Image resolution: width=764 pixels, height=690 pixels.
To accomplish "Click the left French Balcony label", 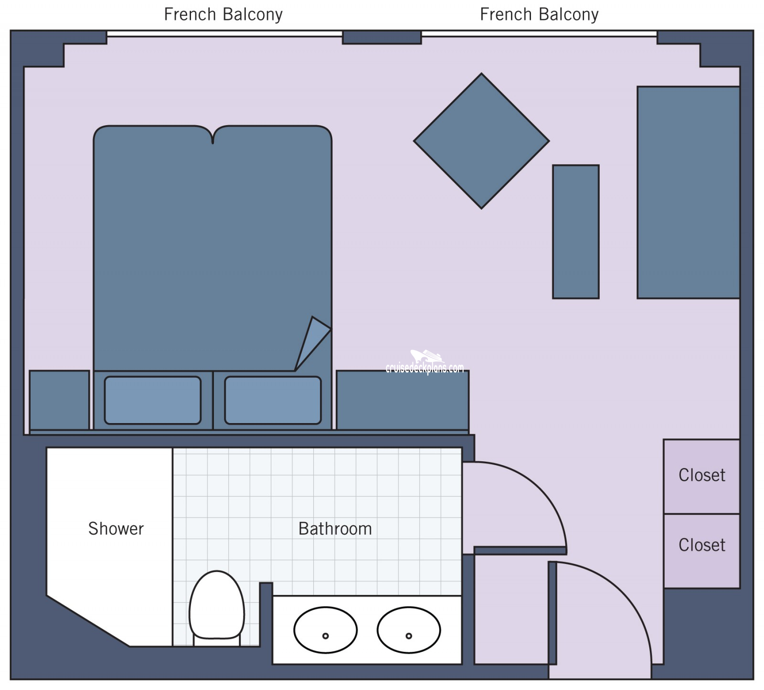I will click(x=223, y=15).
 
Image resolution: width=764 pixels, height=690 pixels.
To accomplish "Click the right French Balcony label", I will click(x=539, y=15).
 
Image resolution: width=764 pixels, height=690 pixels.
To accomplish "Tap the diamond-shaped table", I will click(x=481, y=141).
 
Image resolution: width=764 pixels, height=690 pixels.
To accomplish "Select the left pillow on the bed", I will click(x=152, y=400).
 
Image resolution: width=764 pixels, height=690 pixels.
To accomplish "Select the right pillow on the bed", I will click(x=273, y=400).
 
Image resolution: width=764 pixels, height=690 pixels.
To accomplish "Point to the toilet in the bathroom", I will click(x=216, y=605).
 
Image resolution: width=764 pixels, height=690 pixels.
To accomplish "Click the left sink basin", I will click(x=325, y=629).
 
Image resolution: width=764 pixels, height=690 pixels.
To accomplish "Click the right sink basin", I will click(x=409, y=629).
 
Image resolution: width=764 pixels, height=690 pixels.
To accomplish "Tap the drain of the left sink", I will click(x=325, y=636).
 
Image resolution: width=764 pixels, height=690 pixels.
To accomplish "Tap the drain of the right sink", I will click(x=409, y=636).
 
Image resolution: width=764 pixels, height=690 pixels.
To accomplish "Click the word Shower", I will click(x=116, y=529).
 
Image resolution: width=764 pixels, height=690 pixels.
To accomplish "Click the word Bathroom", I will click(x=335, y=529).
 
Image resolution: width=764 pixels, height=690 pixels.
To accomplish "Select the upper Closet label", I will click(x=701, y=475).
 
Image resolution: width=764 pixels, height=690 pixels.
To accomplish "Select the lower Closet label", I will click(x=701, y=545).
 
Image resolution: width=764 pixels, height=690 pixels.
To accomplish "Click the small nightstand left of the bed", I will click(x=59, y=400).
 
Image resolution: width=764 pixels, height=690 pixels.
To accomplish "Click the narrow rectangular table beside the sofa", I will click(x=575, y=232).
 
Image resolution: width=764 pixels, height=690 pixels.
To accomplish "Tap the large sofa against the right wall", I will click(x=688, y=192).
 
